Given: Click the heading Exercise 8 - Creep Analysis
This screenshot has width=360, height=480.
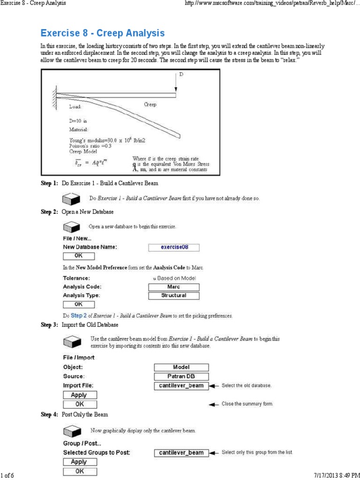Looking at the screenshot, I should coord(103,33).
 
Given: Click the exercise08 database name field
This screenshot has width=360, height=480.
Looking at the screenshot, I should coord(174,247).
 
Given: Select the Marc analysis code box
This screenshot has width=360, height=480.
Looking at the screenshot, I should coord(173,287).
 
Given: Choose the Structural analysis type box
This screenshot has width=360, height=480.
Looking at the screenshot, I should coord(173,296).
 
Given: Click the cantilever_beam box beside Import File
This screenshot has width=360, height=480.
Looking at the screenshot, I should coord(181,386).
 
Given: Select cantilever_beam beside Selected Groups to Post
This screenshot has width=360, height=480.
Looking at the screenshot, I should coord(181,453).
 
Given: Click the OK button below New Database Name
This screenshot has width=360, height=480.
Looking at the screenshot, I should coord(78,256).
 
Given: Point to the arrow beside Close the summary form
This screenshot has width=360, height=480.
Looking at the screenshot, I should coord(214,404).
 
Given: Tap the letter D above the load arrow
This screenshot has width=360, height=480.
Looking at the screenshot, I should coord(181,75).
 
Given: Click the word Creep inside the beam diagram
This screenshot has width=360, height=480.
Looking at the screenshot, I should coord(150,105).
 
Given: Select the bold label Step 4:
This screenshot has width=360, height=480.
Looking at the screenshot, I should coord(49,415).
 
